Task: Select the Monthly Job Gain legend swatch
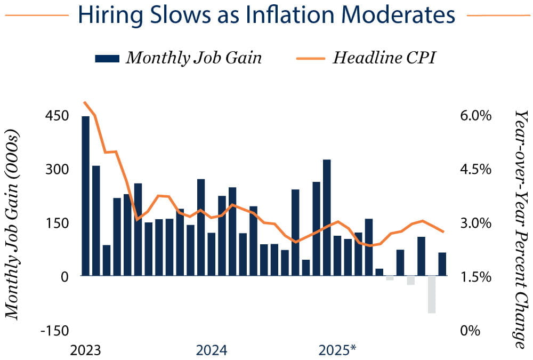107,59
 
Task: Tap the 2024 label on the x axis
212,350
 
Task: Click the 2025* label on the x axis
337,350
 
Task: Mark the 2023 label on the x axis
86,350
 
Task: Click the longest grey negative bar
432,294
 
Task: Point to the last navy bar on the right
442,264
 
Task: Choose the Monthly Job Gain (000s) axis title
14,224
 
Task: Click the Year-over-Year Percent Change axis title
520,229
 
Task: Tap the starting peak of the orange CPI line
85,102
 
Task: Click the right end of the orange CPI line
443,231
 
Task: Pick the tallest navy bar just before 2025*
327,218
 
